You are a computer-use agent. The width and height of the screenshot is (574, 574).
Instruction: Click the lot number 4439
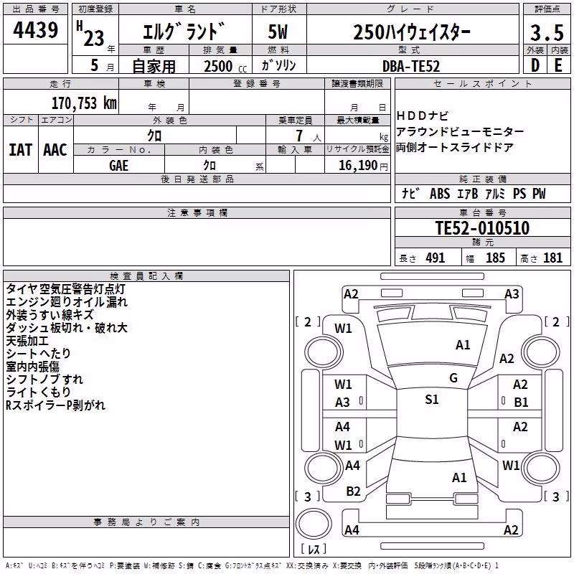click(35, 30)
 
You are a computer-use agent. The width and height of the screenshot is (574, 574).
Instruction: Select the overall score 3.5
click(547, 32)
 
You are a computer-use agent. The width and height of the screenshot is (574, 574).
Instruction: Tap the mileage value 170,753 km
click(84, 103)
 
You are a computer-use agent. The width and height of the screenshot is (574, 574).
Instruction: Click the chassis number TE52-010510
click(482, 228)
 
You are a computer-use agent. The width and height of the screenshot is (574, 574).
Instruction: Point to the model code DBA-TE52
click(410, 66)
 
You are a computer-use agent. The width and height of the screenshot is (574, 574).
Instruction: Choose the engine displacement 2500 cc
click(225, 67)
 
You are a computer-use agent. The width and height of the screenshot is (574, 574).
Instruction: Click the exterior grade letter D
click(535, 65)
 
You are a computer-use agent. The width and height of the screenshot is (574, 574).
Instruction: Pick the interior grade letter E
click(558, 65)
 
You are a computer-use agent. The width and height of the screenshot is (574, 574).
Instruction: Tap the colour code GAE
click(118, 166)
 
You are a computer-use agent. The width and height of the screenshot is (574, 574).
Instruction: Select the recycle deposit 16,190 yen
click(363, 166)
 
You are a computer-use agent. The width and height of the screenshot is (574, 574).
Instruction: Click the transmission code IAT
click(20, 150)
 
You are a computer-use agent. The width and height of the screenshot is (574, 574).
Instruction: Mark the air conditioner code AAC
click(55, 150)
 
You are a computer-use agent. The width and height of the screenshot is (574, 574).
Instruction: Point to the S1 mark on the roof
click(432, 400)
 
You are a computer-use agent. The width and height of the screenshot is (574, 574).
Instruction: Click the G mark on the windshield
click(453, 378)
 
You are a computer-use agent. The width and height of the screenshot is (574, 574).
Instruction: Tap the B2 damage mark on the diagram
click(353, 491)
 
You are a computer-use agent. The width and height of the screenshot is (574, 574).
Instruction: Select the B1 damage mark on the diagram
click(521, 403)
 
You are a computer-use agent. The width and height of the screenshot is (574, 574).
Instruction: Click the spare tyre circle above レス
click(314, 523)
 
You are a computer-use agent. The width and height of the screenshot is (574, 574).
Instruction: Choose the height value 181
click(552, 258)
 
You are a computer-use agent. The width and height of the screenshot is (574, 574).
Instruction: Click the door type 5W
click(278, 32)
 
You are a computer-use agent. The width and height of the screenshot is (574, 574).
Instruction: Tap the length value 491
click(436, 258)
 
